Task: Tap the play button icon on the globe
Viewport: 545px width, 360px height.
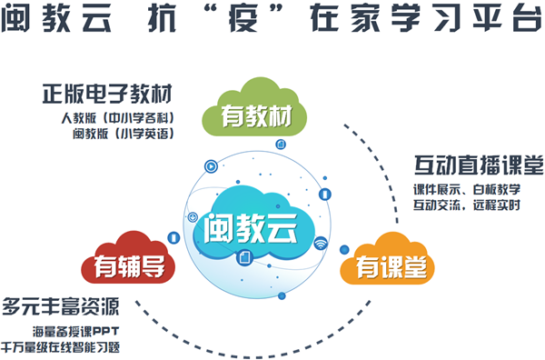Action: click(211, 165)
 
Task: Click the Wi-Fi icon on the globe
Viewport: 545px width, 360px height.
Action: click(320, 244)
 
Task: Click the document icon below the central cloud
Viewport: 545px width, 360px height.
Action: click(243, 259)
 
